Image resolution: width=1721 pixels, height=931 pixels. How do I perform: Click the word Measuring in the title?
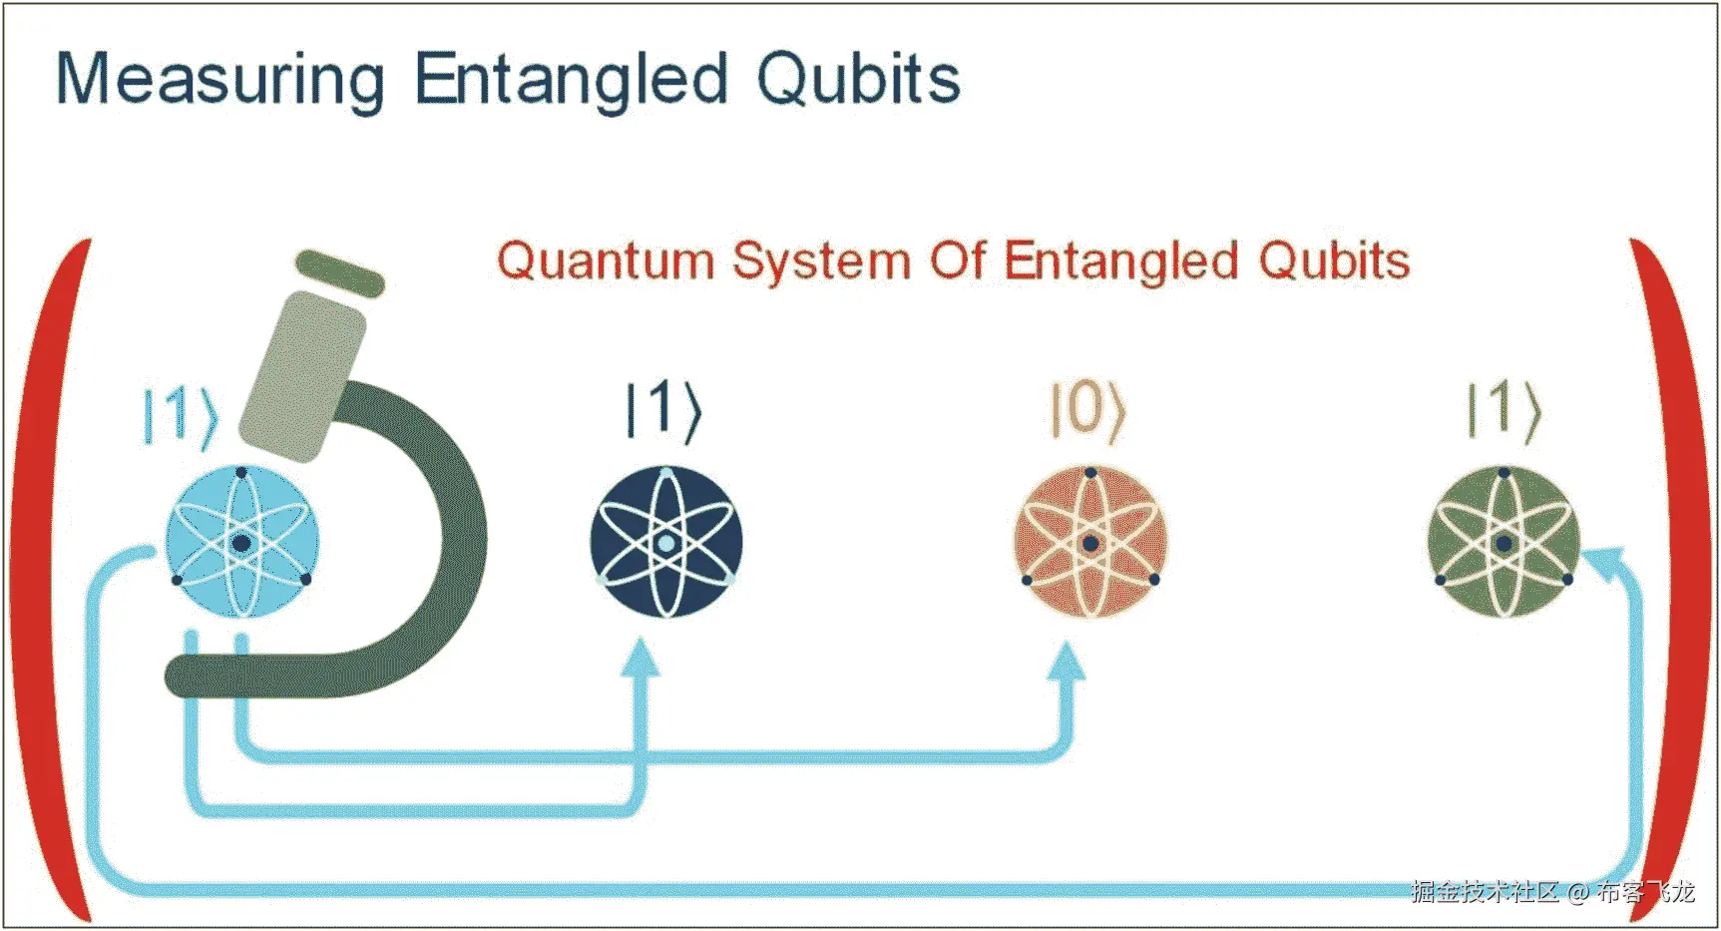(x=220, y=80)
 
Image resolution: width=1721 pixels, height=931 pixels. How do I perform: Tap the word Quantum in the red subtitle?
(x=606, y=261)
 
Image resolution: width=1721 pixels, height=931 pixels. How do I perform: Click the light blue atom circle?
(x=241, y=543)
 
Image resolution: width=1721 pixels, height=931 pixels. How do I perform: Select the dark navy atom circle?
(x=666, y=543)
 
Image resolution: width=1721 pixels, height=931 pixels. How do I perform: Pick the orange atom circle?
(x=1090, y=543)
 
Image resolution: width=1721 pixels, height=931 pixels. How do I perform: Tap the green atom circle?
(x=1505, y=543)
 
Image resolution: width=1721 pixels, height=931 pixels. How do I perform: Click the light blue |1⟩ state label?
(x=181, y=415)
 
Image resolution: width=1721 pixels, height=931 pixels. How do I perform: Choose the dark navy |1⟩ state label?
(x=664, y=409)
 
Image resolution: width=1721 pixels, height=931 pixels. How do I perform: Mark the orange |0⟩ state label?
(x=1088, y=410)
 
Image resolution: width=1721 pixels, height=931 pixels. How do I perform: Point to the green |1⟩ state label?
(x=1505, y=410)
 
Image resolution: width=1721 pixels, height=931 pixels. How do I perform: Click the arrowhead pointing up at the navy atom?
(x=641, y=659)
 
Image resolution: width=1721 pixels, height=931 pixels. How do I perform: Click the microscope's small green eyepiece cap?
(x=339, y=273)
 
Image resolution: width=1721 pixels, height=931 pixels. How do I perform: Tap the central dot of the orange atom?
(x=1090, y=544)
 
